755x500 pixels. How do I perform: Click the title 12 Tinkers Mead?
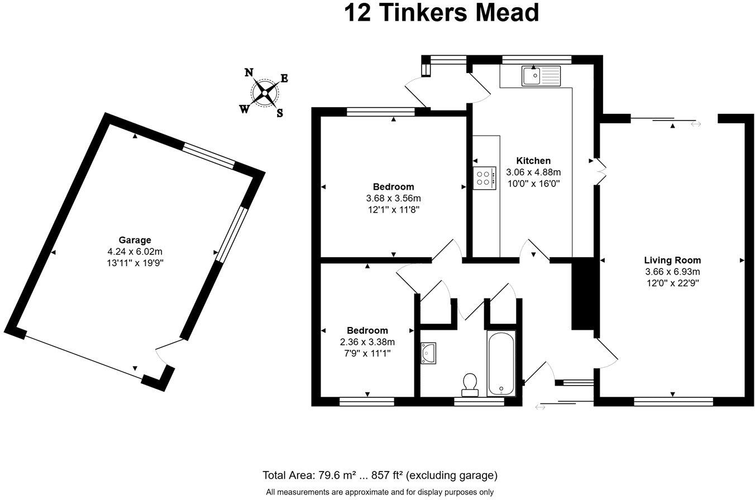[441, 13]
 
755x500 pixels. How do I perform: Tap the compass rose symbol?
[264, 93]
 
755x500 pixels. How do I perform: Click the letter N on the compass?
[249, 73]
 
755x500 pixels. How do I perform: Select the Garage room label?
[135, 241]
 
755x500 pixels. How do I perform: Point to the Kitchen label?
[533, 161]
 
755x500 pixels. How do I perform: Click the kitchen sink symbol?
[541, 76]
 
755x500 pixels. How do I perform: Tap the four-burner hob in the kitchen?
[484, 178]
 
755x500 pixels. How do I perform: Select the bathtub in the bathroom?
[501, 363]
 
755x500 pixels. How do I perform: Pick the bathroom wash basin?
[428, 353]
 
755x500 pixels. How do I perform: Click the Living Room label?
[672, 260]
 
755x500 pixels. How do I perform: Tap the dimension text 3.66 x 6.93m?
[672, 272]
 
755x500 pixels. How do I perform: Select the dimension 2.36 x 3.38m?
[367, 342]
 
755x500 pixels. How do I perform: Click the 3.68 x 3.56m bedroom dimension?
[393, 198]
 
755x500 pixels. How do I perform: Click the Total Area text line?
[380, 475]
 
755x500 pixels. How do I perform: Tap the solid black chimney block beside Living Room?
[582, 294]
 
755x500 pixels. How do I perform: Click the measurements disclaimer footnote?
[380, 492]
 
